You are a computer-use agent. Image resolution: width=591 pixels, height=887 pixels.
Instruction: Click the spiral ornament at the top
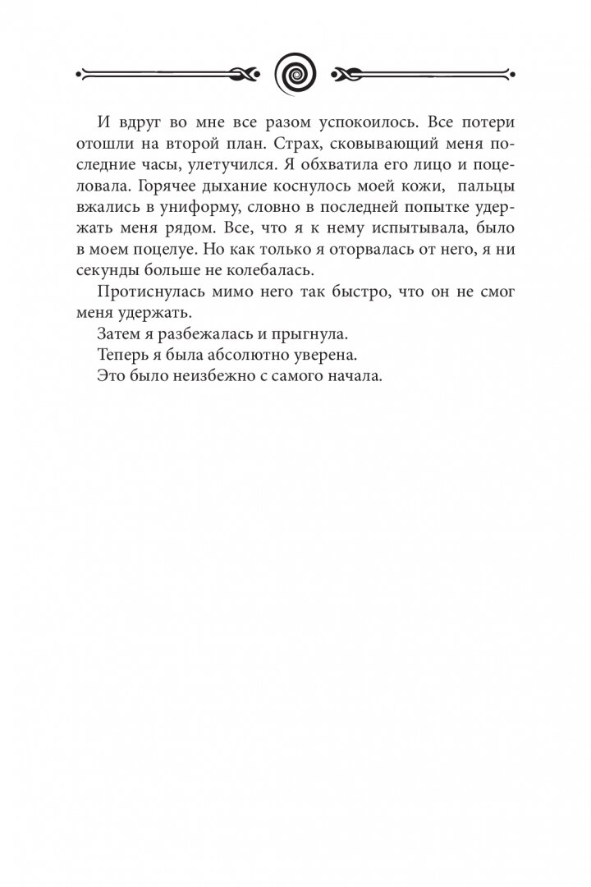pos(295,72)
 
